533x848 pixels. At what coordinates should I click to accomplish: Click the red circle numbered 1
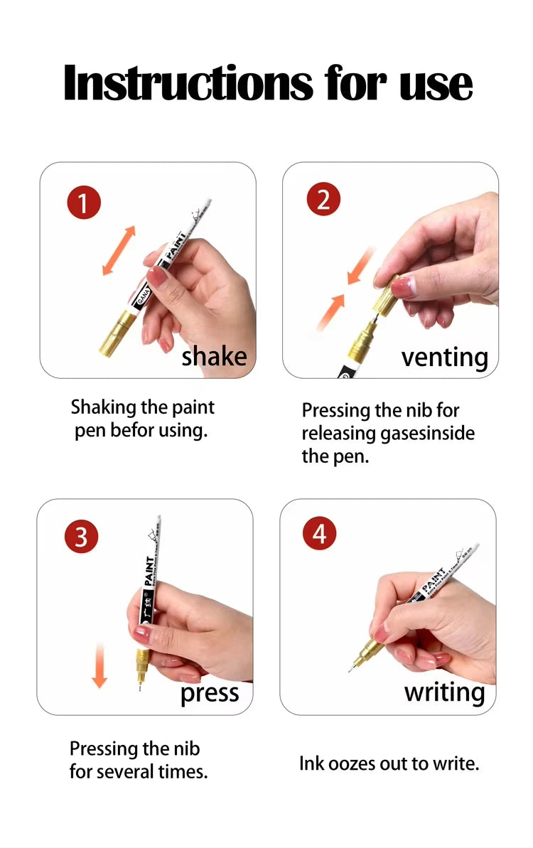84,204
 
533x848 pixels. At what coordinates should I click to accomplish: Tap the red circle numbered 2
323,200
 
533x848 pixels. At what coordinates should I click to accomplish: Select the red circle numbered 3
81,536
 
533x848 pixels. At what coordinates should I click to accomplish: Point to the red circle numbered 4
319,532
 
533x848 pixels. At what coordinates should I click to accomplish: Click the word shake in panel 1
214,355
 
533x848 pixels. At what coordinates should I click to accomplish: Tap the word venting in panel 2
445,357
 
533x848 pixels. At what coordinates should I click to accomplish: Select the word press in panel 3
209,693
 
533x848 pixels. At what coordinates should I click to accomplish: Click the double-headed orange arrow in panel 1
118,250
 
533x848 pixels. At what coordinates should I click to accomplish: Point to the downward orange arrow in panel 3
99,665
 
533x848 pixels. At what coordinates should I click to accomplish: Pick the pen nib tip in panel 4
350,670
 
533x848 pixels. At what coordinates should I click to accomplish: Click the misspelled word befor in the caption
134,431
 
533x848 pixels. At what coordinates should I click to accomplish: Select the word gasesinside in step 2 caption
429,433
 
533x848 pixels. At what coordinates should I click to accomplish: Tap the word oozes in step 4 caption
353,764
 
